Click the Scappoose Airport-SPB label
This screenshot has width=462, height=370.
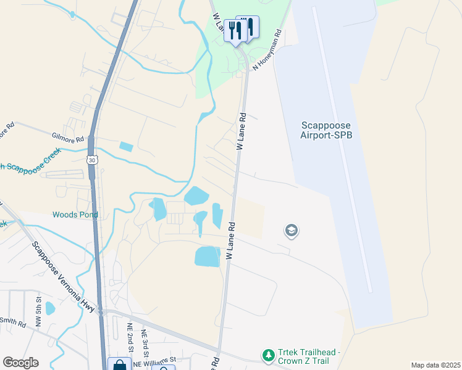pyautogui.click(x=327, y=129)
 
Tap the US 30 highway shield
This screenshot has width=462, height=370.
pyautogui.click(x=91, y=160)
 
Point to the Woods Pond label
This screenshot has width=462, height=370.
pyautogui.click(x=75, y=215)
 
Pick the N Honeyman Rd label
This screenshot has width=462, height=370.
pyautogui.click(x=267, y=49)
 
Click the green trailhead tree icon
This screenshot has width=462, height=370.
pyautogui.click(x=268, y=356)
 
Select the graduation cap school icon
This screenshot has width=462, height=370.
pyautogui.click(x=291, y=231)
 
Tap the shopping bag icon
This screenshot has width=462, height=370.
pyautogui.click(x=119, y=364)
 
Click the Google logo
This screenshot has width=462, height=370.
pyautogui.click(x=20, y=363)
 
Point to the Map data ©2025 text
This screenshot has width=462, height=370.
pyautogui.click(x=435, y=365)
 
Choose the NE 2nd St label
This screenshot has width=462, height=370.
pyautogui.click(x=130, y=337)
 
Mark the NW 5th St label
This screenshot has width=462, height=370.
pyautogui.click(x=38, y=306)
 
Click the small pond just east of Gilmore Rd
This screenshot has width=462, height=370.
pyautogui.click(x=126, y=147)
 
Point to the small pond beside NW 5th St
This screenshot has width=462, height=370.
pyautogui.click(x=50, y=308)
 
